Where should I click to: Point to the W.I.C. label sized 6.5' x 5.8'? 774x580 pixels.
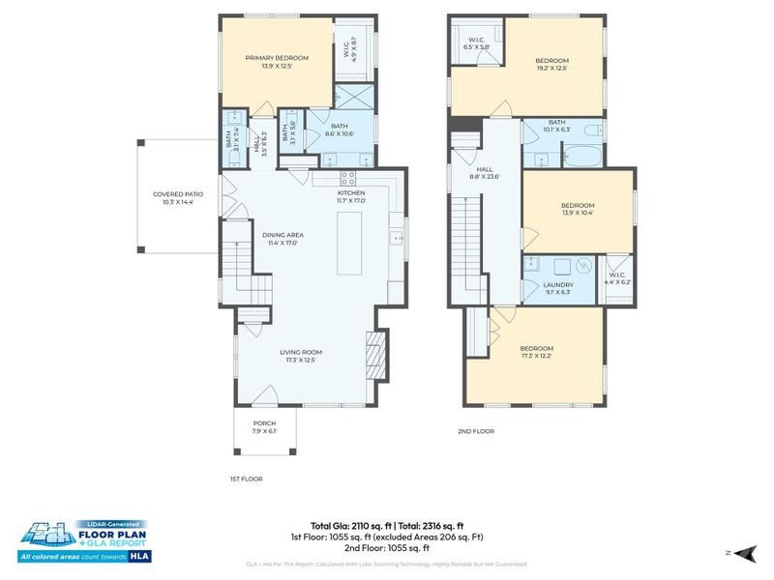click(x=476, y=43)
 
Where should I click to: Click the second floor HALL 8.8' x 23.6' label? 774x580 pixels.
click(x=485, y=172)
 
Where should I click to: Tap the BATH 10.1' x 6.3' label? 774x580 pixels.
click(x=556, y=124)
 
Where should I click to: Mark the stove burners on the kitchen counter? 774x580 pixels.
click(x=348, y=178)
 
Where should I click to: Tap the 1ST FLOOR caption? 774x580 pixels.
click(x=247, y=478)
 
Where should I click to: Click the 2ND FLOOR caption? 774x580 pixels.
click(x=476, y=432)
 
